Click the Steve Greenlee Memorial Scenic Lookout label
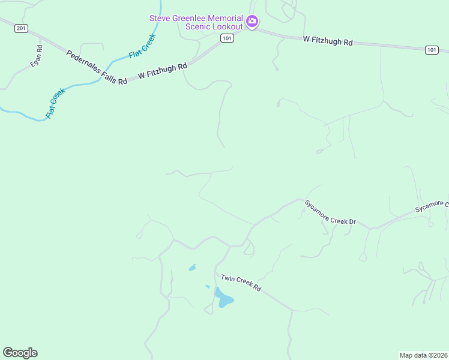pyautogui.click(x=196, y=22)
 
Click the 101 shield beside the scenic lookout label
pyautogui.click(x=226, y=38)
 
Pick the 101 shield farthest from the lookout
pyautogui.click(x=432, y=50)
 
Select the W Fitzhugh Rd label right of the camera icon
pyautogui.click(x=327, y=41)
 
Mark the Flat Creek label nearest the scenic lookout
pyautogui.click(x=142, y=46)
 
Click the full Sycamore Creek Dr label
pyautogui.click(x=330, y=213)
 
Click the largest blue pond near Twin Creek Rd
pyautogui.click(x=224, y=298)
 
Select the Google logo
pyautogui.click(x=20, y=353)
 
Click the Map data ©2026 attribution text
pyautogui.click(x=424, y=355)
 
